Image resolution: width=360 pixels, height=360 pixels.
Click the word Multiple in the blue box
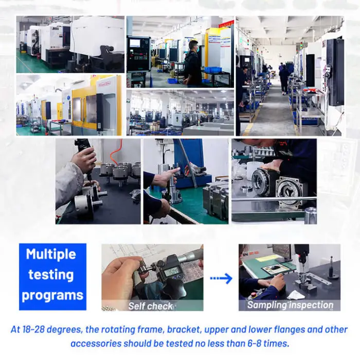(51, 255)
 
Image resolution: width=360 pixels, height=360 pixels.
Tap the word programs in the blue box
(52, 296)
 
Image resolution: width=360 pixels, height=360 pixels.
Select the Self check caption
(150, 306)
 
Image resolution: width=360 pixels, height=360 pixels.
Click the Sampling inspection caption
(290, 305)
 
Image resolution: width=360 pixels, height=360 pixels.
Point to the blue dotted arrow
(221, 279)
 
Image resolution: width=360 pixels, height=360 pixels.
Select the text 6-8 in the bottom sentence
(255, 344)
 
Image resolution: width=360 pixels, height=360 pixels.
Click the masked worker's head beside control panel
(193, 46)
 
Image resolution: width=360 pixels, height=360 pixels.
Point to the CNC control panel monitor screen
(135, 43)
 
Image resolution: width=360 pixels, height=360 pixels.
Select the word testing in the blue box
(51, 275)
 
